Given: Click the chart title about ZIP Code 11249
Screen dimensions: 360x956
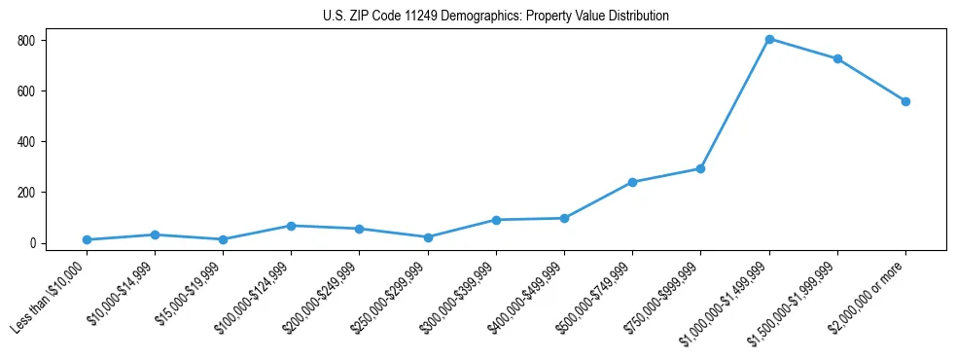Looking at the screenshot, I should point(495,17).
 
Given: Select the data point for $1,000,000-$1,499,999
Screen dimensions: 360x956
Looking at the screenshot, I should point(769,39).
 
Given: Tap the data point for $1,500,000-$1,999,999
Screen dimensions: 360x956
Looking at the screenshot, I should point(837,58).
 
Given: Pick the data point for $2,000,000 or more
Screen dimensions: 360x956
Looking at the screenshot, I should point(905,101).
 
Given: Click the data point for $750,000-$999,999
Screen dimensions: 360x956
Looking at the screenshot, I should point(700,168).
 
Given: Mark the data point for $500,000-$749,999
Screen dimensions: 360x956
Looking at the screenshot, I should point(632,182).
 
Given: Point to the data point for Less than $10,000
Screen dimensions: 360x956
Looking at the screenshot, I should point(87,239).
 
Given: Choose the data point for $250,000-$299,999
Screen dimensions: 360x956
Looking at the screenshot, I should point(428,236).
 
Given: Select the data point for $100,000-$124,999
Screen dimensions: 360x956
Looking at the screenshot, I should point(291,226).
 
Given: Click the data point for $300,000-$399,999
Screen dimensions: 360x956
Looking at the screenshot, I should point(496,220).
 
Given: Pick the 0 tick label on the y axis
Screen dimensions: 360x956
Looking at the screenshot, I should point(32,243).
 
